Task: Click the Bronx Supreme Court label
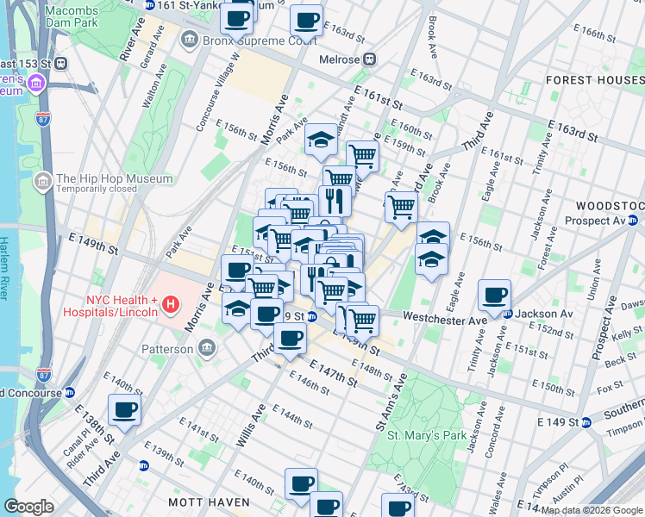[248, 40]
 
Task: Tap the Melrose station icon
[369, 59]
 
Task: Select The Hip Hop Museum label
[114, 179]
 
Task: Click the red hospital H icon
[171, 304]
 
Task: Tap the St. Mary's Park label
[428, 435]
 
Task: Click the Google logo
[28, 507]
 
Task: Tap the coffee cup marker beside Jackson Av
[495, 296]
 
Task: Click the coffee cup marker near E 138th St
[124, 410]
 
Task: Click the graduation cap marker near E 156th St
[321, 140]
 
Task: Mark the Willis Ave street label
[249, 427]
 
